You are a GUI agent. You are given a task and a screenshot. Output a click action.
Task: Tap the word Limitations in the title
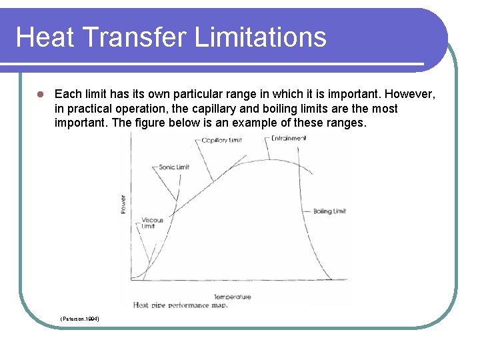(261, 37)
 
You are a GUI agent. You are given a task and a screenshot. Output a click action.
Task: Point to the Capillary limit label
(221, 140)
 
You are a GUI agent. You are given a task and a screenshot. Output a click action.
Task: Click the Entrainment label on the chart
(289, 138)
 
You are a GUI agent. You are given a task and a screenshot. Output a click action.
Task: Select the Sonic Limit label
(174, 167)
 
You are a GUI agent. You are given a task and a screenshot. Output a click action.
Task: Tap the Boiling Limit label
(329, 211)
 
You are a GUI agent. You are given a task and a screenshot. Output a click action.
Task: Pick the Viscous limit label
(152, 223)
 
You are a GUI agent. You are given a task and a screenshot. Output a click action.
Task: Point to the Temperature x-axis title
(233, 297)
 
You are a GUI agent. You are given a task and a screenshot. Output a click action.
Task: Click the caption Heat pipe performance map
(181, 305)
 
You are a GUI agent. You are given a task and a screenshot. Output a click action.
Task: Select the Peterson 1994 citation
(80, 319)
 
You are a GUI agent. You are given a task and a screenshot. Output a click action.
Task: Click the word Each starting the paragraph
(67, 94)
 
